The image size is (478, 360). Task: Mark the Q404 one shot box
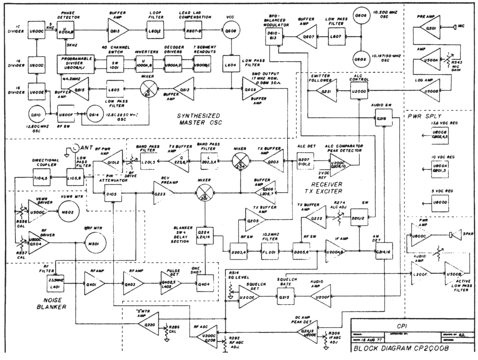click(x=205, y=284)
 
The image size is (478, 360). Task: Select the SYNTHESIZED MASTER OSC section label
click(x=199, y=119)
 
